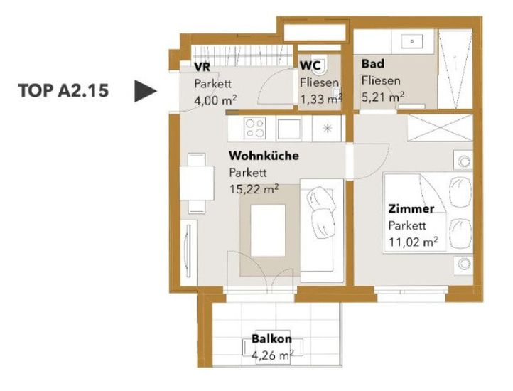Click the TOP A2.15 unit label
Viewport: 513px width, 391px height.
(x=63, y=90)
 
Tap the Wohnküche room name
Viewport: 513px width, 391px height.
(x=264, y=156)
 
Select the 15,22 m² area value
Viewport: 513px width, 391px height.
(x=254, y=189)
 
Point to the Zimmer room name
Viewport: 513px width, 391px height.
(x=411, y=208)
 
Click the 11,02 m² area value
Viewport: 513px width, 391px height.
(x=414, y=242)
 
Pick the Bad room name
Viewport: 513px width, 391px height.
(x=373, y=63)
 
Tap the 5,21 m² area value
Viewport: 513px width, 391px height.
(x=383, y=97)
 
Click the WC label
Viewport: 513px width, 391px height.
(x=310, y=65)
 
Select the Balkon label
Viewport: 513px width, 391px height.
(x=271, y=338)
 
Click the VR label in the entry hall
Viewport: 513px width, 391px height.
(x=202, y=67)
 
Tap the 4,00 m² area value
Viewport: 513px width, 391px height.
(x=215, y=100)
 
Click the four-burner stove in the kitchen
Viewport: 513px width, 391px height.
(x=255, y=128)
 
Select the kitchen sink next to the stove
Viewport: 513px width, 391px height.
(x=289, y=129)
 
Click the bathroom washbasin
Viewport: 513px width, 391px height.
(x=412, y=42)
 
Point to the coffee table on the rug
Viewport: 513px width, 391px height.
(x=268, y=230)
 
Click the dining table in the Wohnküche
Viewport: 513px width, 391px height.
(x=197, y=183)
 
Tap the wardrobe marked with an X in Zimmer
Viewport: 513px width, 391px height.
(x=440, y=128)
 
